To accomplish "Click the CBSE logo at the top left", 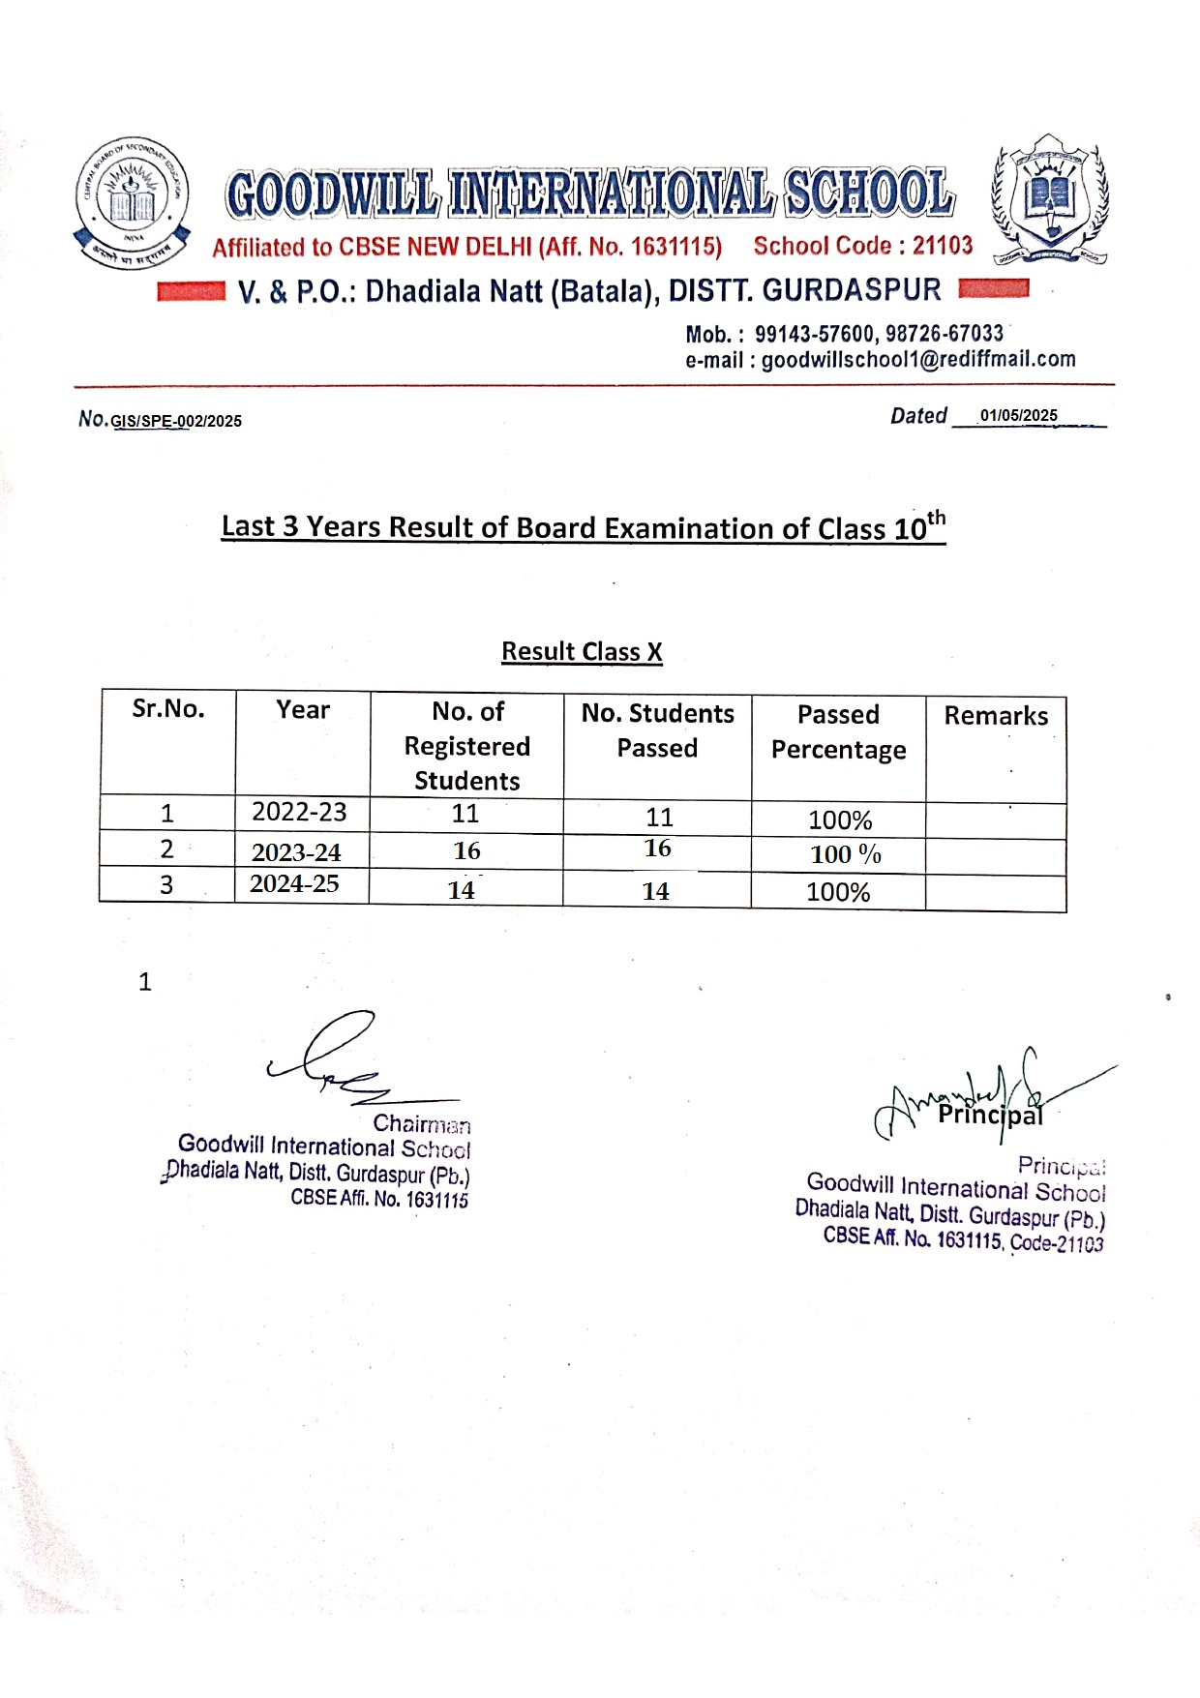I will click(x=132, y=202).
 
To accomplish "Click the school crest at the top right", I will click(x=1050, y=199).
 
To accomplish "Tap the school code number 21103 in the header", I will click(x=942, y=246).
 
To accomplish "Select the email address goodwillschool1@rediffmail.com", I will click(x=918, y=360).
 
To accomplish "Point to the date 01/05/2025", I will click(x=1018, y=416).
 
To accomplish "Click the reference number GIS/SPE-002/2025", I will click(x=176, y=422).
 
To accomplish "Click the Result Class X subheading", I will click(x=582, y=652).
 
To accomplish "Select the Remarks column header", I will click(x=996, y=716).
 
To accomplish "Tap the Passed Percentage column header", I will click(x=838, y=732).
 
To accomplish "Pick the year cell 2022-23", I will click(x=299, y=813).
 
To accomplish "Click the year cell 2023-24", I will click(x=296, y=852).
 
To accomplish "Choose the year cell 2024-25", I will click(x=294, y=884).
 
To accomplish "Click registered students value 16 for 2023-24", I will click(x=466, y=851).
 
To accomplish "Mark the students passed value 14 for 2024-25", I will click(x=655, y=892).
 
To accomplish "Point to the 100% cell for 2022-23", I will click(x=840, y=820).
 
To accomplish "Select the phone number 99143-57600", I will click(x=814, y=335).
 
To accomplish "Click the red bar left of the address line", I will click(x=191, y=291).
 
